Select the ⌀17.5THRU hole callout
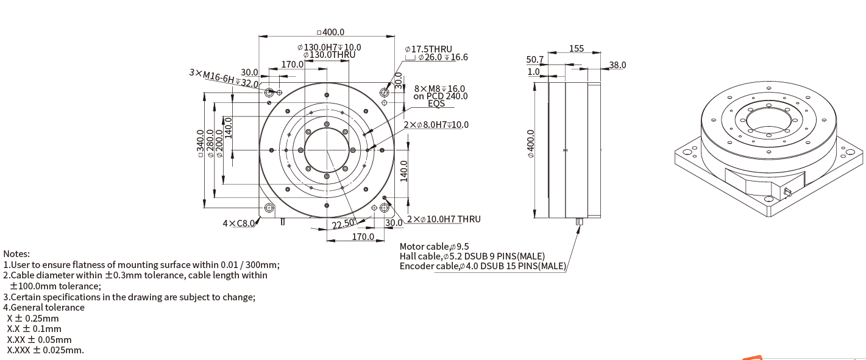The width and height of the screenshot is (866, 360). [x=428, y=49]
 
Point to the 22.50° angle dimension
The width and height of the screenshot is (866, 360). [x=343, y=224]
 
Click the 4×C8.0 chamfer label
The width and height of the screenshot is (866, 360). [x=238, y=224]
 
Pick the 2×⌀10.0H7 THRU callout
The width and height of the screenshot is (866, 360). [x=444, y=219]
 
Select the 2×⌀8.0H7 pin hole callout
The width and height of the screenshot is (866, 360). [x=436, y=125]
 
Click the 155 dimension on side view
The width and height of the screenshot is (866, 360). [x=577, y=48]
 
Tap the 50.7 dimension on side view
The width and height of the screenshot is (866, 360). [x=534, y=60]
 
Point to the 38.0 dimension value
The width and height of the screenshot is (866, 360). [x=617, y=65]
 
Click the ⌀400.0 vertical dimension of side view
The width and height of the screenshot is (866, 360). [x=530, y=144]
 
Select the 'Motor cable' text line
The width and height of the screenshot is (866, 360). [x=434, y=247]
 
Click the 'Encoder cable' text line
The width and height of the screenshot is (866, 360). [x=483, y=266]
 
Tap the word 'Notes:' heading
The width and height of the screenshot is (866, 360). [x=16, y=254]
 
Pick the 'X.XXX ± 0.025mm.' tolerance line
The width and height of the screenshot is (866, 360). [x=45, y=350]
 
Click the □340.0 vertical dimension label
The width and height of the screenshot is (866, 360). [x=200, y=143]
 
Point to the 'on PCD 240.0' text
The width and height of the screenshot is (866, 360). [x=441, y=96]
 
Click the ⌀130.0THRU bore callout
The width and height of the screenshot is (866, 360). [x=329, y=54]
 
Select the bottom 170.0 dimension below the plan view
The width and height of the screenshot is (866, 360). [x=363, y=236]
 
